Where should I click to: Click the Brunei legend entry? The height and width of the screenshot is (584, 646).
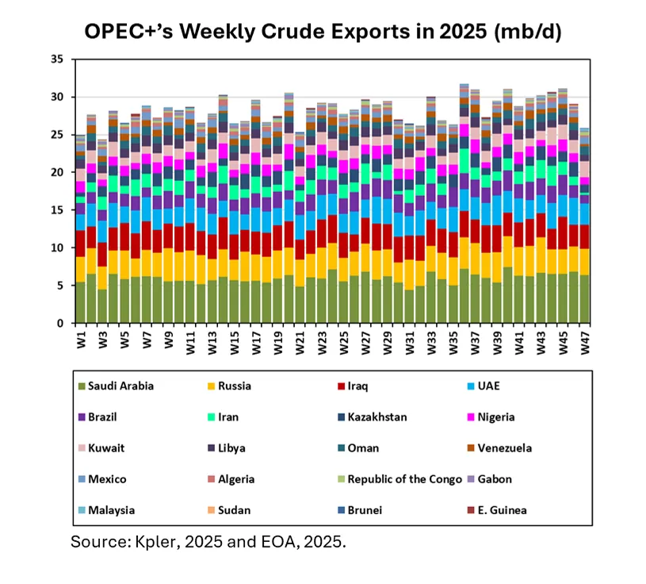pyautogui.click(x=365, y=509)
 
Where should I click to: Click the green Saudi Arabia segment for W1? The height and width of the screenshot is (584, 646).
pyautogui.click(x=79, y=302)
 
